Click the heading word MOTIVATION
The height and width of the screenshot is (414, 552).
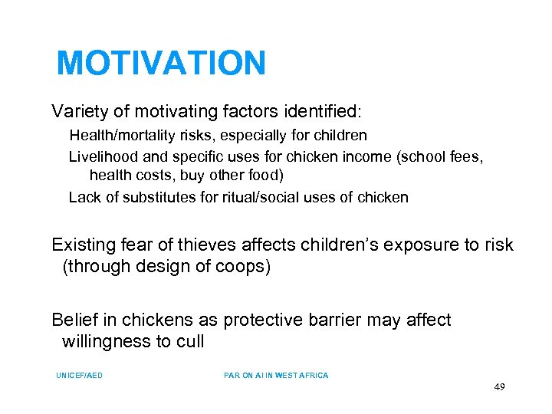pos(161,63)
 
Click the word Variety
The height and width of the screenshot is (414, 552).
pos(77,111)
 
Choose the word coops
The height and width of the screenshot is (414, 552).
pos(245,267)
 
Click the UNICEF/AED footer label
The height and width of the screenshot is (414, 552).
pos(79,376)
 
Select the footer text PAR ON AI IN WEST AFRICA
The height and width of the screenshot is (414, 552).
pos(276,376)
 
